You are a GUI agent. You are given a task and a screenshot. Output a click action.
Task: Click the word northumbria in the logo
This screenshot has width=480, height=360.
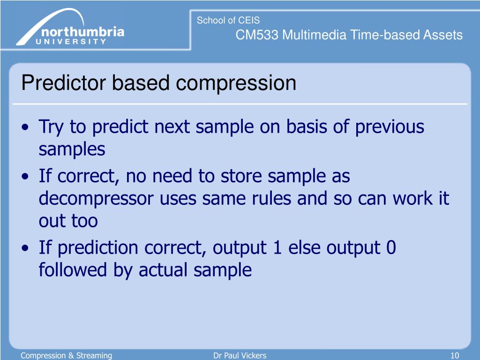coord(82,31)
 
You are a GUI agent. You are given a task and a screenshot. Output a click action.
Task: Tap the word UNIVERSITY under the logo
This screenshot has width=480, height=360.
coord(71,42)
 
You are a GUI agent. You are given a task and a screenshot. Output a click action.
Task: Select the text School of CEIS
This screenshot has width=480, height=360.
coord(228,20)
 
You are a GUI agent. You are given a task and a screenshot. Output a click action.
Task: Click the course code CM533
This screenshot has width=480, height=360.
coord(257,35)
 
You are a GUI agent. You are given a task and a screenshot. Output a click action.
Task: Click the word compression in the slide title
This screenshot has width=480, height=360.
coord(236,83)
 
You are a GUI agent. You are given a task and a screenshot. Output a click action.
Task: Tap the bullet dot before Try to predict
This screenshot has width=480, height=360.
coord(25,127)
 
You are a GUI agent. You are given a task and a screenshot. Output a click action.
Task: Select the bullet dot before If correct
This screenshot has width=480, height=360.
coord(25,176)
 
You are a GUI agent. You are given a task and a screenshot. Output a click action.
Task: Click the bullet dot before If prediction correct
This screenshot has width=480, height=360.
coord(25,247)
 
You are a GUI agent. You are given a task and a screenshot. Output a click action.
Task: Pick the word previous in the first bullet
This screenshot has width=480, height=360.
coord(390,127)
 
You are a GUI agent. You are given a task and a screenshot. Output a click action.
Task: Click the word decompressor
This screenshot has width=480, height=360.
coord(96,198)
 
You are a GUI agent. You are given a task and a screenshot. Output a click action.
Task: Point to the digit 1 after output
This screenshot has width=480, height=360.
coord(277,247)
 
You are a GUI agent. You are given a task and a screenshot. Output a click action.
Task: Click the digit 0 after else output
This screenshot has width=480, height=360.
coord(391,247)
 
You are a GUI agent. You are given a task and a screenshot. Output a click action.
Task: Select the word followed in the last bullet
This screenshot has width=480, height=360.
coord(73,270)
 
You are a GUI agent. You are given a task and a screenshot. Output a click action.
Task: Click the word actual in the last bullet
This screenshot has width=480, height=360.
coord(163,270)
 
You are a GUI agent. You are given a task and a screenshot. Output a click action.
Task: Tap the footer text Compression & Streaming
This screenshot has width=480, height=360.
coord(66,355)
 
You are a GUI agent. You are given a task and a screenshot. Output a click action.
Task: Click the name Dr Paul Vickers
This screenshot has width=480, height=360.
coord(240,355)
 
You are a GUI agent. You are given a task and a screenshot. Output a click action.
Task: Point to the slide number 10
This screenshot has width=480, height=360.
coord(455,355)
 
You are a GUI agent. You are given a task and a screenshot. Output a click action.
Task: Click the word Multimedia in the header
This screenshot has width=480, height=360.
coord(314,35)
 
